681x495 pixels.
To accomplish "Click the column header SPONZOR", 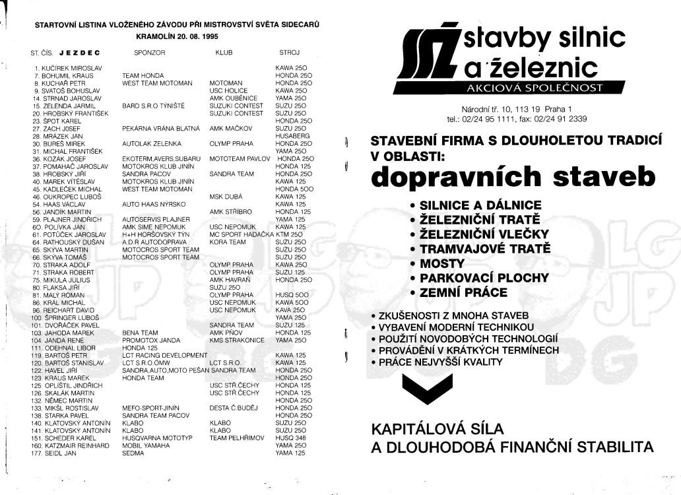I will click(x=149, y=51).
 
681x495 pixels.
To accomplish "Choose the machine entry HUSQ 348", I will click(x=291, y=438).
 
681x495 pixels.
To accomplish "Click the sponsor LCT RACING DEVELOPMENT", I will click(x=160, y=354).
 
